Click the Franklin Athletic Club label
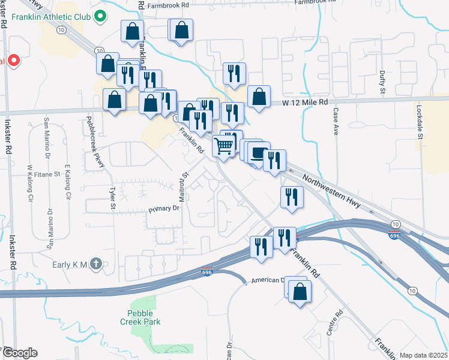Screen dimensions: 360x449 [50, 16]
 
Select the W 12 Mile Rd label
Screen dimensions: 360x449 [306, 103]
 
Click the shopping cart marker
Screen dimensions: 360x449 [223, 145]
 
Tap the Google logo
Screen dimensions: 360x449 [19, 352]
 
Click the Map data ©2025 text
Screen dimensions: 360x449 [423, 355]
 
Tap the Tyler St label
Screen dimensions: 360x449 [112, 197]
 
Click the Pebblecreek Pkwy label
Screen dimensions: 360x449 [95, 139]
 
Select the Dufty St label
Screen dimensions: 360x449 [382, 82]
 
